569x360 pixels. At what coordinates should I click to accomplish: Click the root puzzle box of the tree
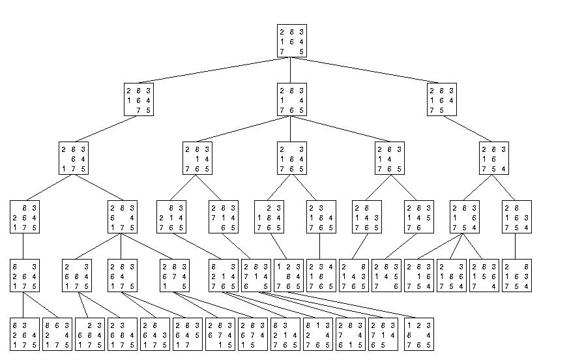[291, 42]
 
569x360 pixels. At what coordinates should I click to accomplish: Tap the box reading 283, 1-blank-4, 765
[291, 100]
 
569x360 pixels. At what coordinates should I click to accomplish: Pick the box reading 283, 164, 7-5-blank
[441, 100]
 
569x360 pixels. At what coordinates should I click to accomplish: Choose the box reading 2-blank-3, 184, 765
[291, 158]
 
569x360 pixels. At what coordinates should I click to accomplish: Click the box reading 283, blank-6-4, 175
[74, 158]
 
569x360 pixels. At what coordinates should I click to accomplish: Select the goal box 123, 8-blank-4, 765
[419, 334]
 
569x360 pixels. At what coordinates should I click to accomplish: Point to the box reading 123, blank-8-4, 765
[289, 275]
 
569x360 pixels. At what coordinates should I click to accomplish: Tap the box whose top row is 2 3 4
[321, 275]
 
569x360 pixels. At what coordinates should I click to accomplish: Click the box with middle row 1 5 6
[484, 275]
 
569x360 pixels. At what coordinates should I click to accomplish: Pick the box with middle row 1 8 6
[452, 275]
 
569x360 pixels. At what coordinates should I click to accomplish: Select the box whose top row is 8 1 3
[321, 334]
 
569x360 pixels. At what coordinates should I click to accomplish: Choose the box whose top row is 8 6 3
[57, 334]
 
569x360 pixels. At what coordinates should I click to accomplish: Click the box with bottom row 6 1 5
[354, 334]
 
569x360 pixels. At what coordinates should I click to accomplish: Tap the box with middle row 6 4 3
[155, 334]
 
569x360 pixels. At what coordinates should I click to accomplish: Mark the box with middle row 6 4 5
[188, 334]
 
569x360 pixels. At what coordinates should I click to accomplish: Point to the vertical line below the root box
[291, 70]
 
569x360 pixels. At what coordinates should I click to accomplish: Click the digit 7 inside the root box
[282, 52]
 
